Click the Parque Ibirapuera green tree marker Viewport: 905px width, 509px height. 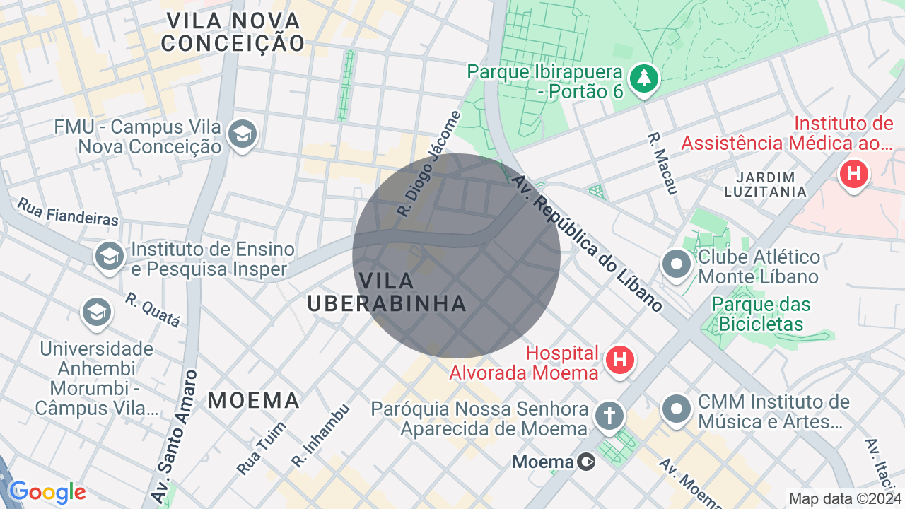click(643, 78)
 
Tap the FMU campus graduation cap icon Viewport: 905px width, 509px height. click(243, 134)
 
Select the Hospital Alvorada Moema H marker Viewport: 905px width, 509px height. click(620, 360)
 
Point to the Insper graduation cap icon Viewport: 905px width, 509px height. click(109, 256)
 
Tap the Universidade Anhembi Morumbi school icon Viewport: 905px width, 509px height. click(96, 312)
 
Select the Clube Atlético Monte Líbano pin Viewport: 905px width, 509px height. click(676, 264)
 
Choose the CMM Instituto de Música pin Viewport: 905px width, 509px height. click(676, 409)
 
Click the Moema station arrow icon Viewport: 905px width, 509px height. click(586, 462)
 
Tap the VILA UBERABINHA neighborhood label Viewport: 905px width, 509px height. click(387, 292)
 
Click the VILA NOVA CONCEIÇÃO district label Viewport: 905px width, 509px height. click(233, 32)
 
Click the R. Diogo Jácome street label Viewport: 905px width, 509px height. click(428, 164)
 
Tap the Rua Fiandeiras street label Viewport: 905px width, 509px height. click(68, 211)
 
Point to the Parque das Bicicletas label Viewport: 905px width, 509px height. click(761, 315)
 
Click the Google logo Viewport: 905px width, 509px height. click(47, 492)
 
